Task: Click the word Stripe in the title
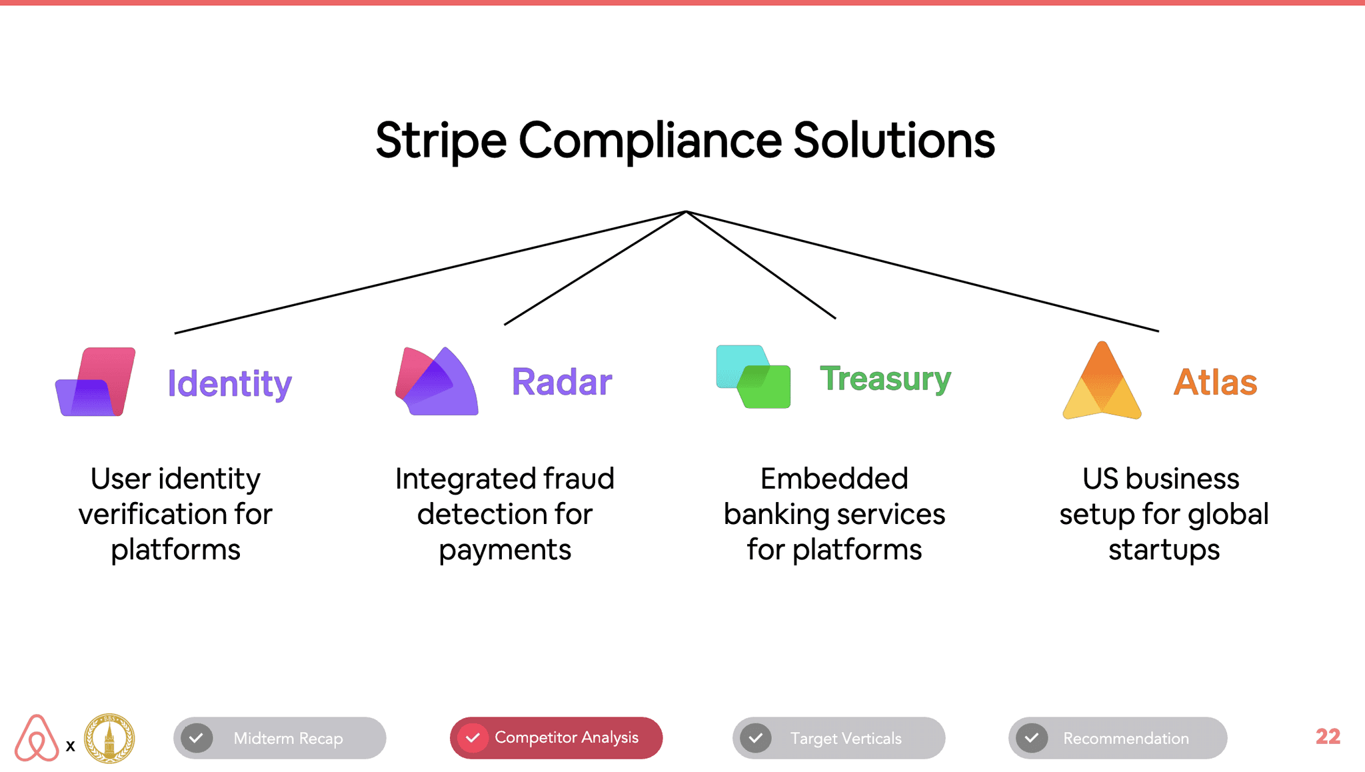tap(441, 141)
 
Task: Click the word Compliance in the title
tap(650, 141)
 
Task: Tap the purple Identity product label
tap(229, 384)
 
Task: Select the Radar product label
tap(561, 382)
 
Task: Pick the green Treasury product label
tap(885, 379)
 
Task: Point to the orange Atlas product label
tap(1215, 382)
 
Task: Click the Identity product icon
tap(95, 381)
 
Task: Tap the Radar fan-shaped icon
tap(437, 381)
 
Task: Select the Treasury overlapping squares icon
tap(753, 377)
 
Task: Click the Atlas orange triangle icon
tap(1102, 381)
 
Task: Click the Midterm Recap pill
tap(280, 738)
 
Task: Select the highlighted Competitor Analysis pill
tap(556, 738)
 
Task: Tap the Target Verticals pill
tap(838, 738)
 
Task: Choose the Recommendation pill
tap(1118, 738)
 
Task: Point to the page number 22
tap(1328, 737)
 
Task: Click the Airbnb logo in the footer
tap(37, 738)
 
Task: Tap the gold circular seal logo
tap(109, 739)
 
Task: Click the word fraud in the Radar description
tap(578, 479)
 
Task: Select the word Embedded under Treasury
tap(834, 479)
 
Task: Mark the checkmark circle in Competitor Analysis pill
tap(473, 738)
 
